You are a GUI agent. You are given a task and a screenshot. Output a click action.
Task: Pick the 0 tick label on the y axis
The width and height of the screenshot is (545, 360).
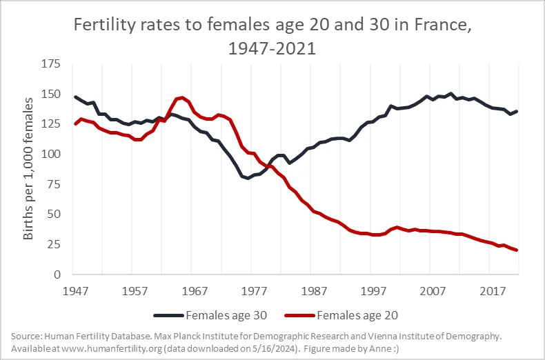tap(59, 274)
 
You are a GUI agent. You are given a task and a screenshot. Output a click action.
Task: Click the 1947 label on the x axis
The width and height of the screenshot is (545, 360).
tap(75, 290)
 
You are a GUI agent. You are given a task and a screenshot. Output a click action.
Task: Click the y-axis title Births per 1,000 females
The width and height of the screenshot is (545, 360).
tap(29, 170)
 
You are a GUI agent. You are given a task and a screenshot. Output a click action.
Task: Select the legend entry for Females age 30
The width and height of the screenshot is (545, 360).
tap(212, 317)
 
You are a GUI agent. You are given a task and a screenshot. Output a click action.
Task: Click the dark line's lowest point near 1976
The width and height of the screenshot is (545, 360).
tap(247, 178)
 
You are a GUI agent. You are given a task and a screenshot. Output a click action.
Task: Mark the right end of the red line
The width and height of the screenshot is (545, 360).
tap(516, 250)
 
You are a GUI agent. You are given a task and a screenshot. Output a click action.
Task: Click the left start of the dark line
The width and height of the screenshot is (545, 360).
tap(75, 97)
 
